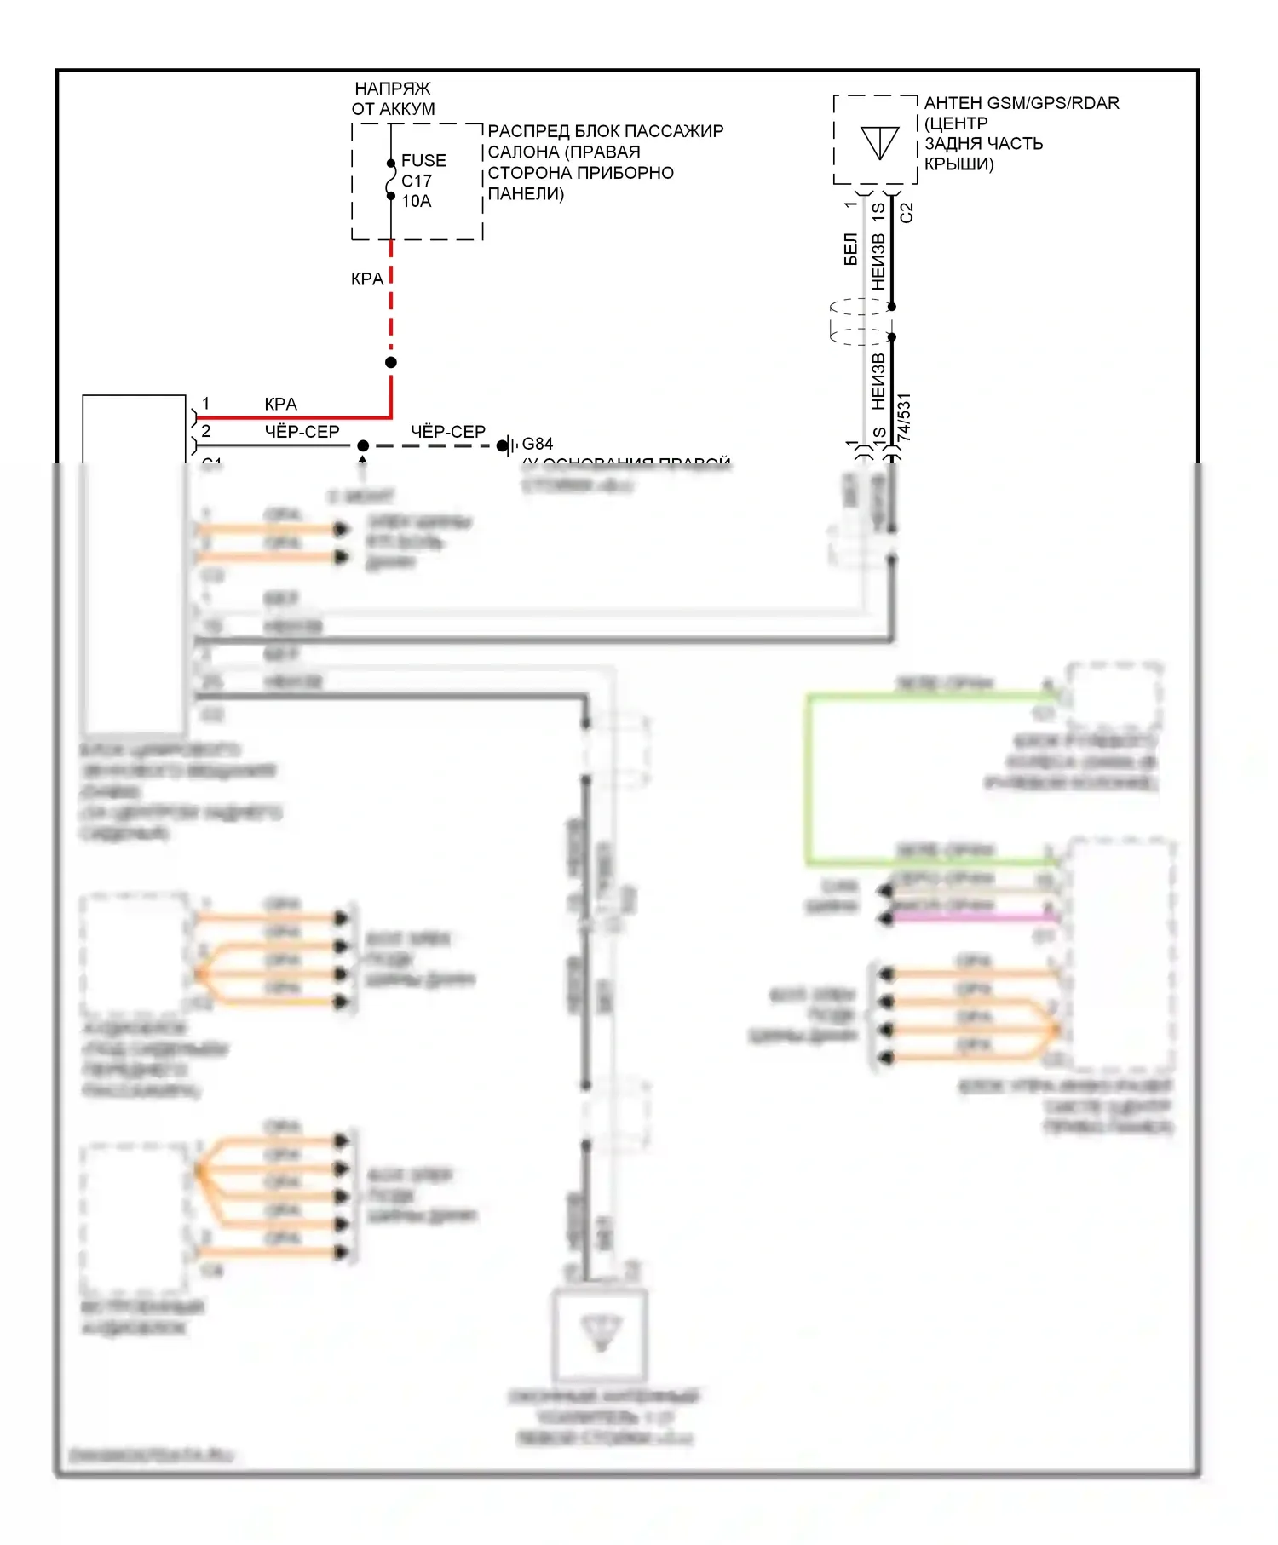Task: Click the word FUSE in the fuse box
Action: coord(423,160)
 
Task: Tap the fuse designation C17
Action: coord(417,181)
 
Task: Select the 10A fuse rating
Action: coord(417,201)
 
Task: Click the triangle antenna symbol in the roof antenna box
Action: coord(879,142)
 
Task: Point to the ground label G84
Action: coord(537,444)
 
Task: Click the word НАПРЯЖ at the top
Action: coord(393,89)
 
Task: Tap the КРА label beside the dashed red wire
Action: coord(367,279)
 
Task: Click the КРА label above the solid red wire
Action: coord(280,404)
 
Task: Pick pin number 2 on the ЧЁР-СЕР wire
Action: coord(205,431)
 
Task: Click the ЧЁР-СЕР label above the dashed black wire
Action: coord(448,432)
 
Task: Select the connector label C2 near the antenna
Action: coord(907,212)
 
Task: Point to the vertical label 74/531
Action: coord(904,416)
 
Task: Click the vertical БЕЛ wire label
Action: coord(850,249)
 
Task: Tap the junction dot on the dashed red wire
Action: coord(391,362)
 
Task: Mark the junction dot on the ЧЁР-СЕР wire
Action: coord(363,445)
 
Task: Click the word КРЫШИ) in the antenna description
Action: coord(959,164)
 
